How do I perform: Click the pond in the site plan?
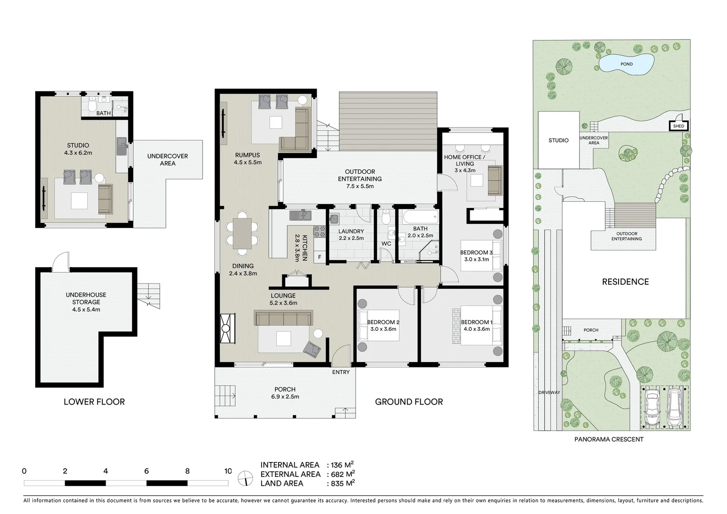pos(625,64)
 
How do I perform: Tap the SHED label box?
pos(678,126)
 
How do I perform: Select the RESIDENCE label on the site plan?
pos(625,282)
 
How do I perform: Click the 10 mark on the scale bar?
pos(228,471)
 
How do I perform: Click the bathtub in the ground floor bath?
pos(419,218)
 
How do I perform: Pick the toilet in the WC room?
pos(386,218)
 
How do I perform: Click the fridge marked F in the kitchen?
pos(320,257)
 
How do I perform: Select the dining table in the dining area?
pos(242,233)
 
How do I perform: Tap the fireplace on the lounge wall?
pos(227,328)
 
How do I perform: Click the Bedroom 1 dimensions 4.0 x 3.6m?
pos(476,329)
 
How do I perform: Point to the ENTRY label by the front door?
pos(340,372)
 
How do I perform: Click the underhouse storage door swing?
pos(60,261)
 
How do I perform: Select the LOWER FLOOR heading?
pos(94,402)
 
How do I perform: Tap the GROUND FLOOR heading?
pos(408,402)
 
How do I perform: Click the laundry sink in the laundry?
pos(334,219)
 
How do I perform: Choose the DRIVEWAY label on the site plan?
pos(549,393)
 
